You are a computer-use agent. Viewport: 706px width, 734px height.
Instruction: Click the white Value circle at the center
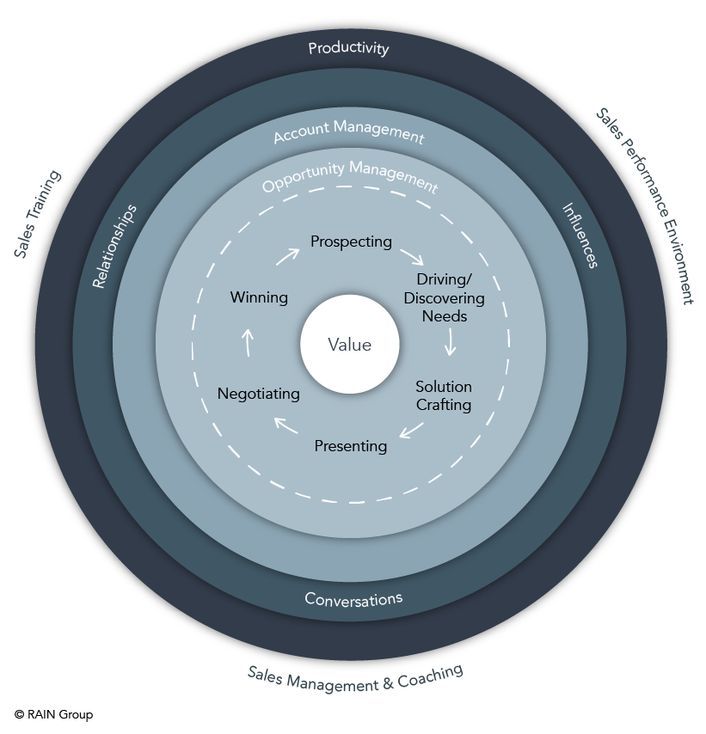pos(349,345)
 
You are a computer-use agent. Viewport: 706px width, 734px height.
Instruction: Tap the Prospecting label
pos(351,242)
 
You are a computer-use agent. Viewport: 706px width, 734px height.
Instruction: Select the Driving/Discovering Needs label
pos(444,298)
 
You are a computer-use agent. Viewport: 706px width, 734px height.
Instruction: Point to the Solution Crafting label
pos(444,395)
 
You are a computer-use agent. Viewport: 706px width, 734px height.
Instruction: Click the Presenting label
pos(350,446)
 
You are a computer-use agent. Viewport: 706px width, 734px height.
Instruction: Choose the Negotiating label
pos(258,394)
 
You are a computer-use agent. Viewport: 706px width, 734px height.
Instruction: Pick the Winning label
pos(259,297)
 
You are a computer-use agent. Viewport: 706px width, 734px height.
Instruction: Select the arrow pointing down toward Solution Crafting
pos(449,345)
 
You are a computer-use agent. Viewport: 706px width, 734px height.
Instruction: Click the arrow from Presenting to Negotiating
pos(286,424)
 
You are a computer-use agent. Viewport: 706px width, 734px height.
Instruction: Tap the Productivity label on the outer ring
pos(348,48)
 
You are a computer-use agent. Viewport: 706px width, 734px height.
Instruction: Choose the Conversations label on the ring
pos(353,598)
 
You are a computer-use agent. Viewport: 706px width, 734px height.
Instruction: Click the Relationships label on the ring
pos(114,246)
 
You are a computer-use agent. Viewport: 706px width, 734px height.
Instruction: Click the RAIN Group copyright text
pos(53,714)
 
